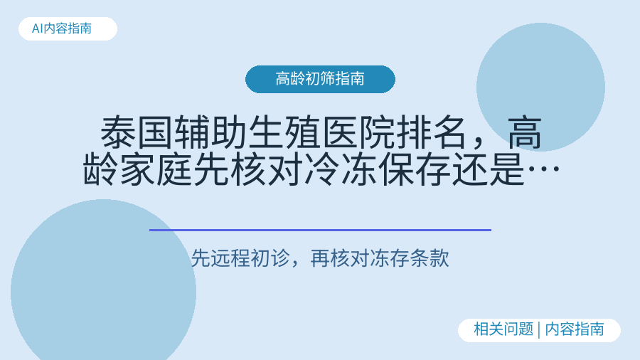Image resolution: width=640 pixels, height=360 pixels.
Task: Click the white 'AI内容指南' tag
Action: tap(68, 28)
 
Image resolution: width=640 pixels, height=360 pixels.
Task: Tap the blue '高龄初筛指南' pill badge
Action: tap(320, 79)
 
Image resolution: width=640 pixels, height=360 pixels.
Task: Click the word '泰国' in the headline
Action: tap(137, 132)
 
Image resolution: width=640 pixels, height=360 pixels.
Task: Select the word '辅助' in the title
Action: tap(210, 132)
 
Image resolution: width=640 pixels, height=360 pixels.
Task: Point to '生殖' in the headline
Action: tap(284, 132)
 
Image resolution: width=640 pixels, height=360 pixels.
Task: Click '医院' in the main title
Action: tap(357, 132)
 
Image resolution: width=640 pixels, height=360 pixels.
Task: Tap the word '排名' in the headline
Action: tap(431, 132)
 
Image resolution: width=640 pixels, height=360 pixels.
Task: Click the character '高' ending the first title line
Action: tap(525, 132)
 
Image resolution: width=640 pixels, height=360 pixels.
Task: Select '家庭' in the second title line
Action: tap(156, 169)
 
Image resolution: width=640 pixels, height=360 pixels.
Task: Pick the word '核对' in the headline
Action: tap(267, 169)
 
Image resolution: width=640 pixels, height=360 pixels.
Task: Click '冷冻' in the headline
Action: tap(340, 169)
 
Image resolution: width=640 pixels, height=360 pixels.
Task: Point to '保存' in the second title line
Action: tap(413, 169)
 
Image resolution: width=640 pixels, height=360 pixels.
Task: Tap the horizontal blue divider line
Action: tap(320, 231)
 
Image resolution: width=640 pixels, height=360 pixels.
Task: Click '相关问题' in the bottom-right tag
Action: tap(503, 329)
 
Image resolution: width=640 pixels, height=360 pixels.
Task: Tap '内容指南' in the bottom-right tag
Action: tap(575, 329)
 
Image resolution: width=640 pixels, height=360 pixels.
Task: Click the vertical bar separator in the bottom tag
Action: tap(539, 330)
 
